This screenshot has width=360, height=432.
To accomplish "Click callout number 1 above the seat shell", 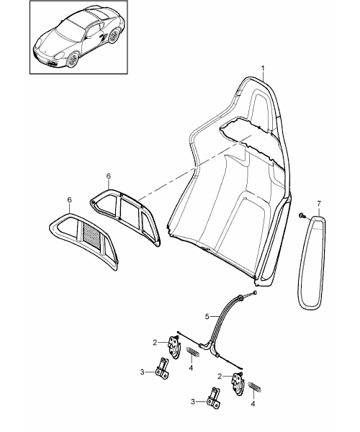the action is [263, 68].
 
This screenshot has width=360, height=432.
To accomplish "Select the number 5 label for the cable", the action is [207, 317].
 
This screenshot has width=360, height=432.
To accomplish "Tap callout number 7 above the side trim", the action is [319, 204].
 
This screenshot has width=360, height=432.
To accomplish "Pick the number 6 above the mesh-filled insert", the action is [69, 199].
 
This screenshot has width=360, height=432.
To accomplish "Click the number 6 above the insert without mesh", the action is [108, 176].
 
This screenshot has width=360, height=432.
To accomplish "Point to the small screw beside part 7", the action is [302, 216].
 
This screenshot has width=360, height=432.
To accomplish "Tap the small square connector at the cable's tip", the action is [255, 292].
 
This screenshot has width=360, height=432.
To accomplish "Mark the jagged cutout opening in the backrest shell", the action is [251, 140].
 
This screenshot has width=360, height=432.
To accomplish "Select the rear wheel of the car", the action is [113, 37].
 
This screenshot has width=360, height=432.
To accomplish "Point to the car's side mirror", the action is [86, 37].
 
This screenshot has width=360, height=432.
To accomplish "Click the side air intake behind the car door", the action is [104, 37].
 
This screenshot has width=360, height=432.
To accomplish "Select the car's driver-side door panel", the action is [92, 41].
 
